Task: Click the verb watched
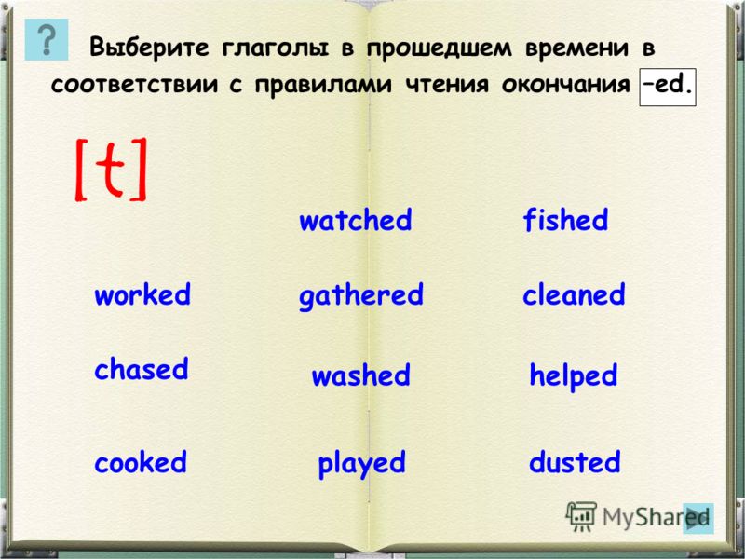tap(356, 220)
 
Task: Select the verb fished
tap(565, 220)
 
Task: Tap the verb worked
tap(142, 294)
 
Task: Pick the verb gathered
tap(361, 295)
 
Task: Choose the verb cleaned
tap(574, 294)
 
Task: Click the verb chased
tap(142, 369)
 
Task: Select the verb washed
tap(360, 375)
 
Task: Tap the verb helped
tap(574, 376)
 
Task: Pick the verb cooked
tap(141, 462)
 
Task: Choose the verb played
tap(361, 463)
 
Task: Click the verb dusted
tap(575, 461)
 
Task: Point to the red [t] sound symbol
tap(110, 170)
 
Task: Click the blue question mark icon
tap(47, 39)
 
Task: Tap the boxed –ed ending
tap(668, 87)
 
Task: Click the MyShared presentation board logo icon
tap(581, 516)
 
